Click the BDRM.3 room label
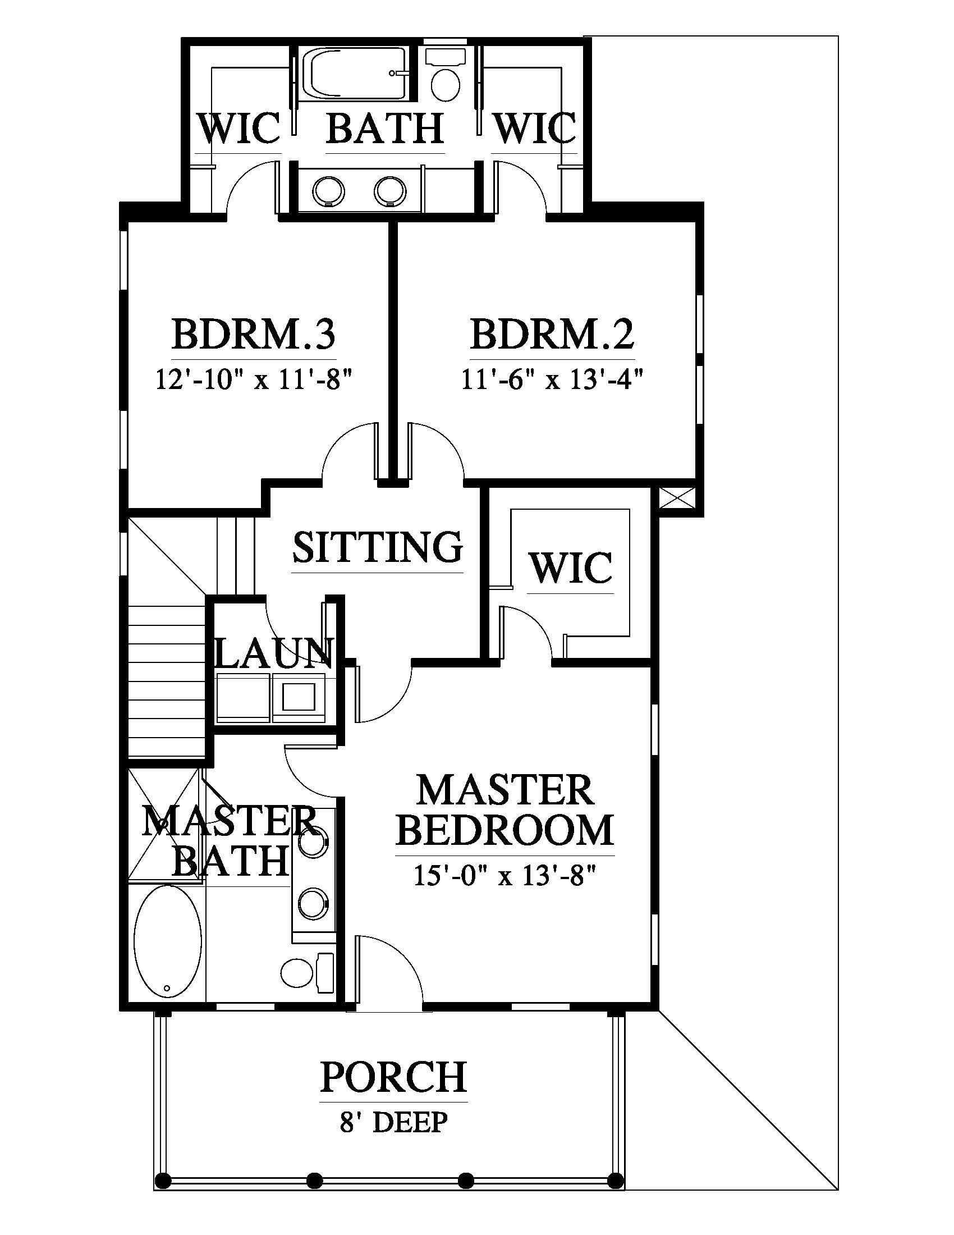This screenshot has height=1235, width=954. (253, 335)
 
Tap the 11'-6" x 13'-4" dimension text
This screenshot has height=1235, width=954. (552, 379)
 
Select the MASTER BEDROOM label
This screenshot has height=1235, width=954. (504, 809)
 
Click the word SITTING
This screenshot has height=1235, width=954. (378, 547)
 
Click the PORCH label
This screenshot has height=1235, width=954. (393, 1077)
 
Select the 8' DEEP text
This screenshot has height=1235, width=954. (393, 1123)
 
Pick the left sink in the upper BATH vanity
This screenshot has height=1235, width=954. (328, 190)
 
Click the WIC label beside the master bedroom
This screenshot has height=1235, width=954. (570, 568)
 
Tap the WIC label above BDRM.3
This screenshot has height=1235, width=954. (238, 129)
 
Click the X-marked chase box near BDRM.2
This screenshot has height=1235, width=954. (677, 499)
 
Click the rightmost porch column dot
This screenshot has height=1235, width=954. (615, 1180)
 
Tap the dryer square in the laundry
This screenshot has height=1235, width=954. (299, 697)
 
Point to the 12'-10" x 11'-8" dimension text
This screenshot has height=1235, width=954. (253, 379)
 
